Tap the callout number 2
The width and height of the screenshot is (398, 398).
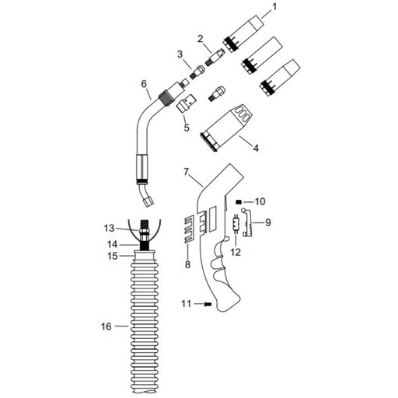coord(200,38)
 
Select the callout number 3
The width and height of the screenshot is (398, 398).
coord(180,54)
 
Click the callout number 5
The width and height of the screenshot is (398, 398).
coord(187,127)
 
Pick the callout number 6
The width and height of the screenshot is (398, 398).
coord(143,83)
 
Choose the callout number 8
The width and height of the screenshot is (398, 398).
coord(187,265)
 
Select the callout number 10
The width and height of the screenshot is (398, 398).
coord(260,201)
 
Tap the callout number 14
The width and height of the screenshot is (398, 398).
coord(111,244)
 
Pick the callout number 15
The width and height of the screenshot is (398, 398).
coord(111,255)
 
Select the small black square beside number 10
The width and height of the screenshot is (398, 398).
coord(240,201)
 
